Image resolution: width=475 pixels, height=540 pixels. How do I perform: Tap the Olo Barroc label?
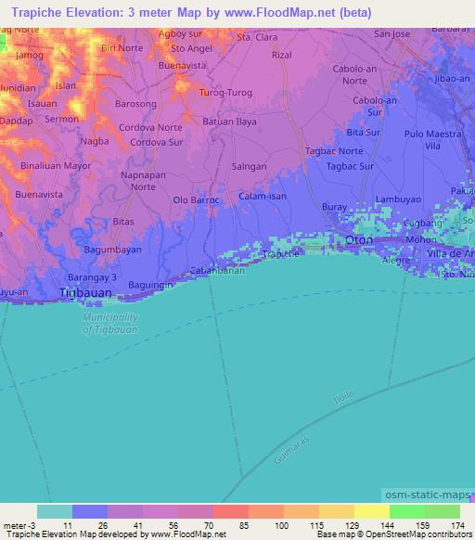[x=196, y=199]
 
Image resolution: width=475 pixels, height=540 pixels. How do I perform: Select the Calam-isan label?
[x=263, y=196]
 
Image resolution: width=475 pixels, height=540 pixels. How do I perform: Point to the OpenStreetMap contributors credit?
[x=415, y=534]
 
